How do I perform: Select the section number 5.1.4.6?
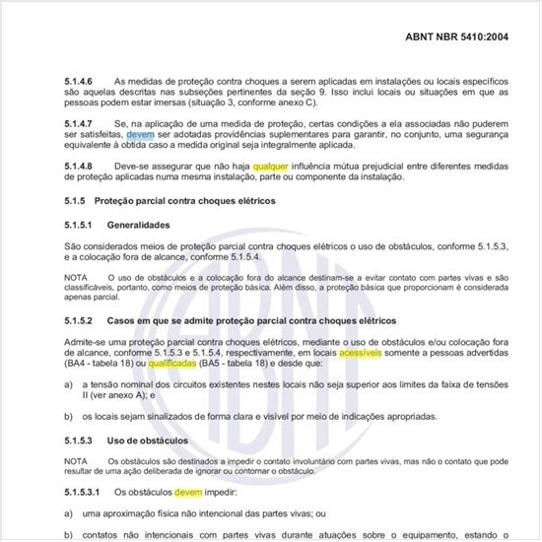[80, 81]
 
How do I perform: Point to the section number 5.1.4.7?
[80, 118]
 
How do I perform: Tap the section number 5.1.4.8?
[80, 167]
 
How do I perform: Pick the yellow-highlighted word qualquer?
[271, 167]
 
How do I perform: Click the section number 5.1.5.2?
[80, 321]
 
